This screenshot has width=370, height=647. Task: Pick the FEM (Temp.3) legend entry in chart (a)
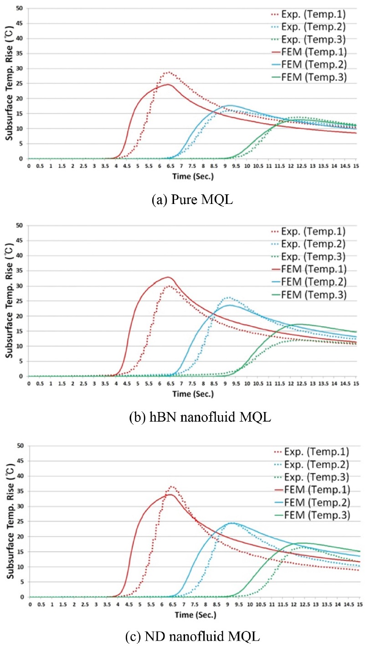[310, 78]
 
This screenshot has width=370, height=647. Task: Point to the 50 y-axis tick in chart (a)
[18, 8]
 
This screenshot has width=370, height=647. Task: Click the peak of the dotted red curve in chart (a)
[169, 72]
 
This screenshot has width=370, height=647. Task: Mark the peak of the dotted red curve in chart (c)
[172, 474]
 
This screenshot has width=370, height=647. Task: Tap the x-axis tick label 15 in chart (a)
[356, 165]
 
